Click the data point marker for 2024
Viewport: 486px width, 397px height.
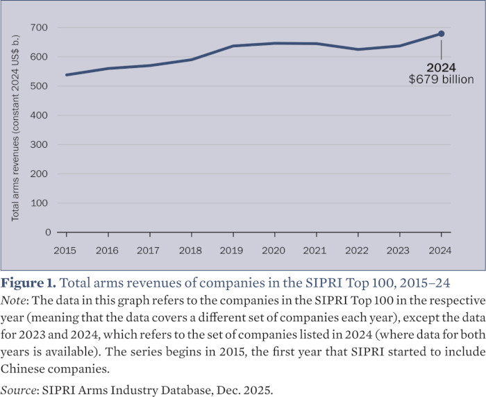coord(442,33)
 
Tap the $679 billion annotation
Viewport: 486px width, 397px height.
coord(441,80)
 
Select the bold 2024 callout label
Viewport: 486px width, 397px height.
coord(442,68)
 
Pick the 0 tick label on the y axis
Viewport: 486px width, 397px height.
coord(47,233)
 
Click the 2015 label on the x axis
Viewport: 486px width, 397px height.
coord(65,249)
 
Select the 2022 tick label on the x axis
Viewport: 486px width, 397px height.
coord(358,249)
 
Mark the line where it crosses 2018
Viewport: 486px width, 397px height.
coord(191,60)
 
